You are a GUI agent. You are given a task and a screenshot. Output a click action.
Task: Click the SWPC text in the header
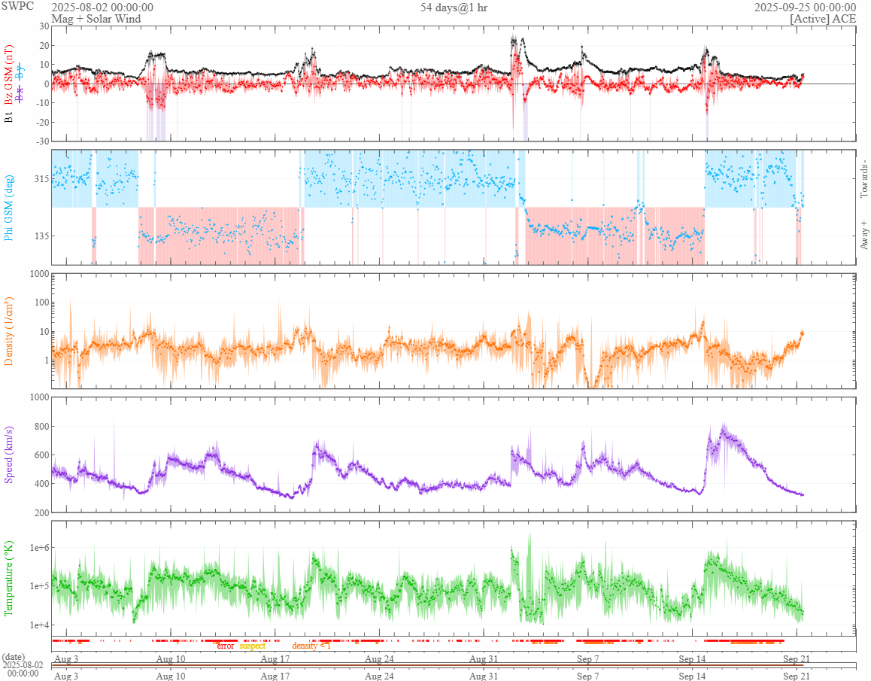coord(17,6)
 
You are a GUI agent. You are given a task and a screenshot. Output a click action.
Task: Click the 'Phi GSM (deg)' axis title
coord(10,208)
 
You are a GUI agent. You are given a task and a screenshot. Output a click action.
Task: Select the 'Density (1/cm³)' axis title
coord(10,331)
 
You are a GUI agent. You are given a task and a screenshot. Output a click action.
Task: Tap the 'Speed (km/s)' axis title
coord(10,455)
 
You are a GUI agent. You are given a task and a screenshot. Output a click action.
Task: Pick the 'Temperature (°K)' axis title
coord(10,577)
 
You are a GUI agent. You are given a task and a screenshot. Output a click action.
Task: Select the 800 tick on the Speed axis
coord(39,427)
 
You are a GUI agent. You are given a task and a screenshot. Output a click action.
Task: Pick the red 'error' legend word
coord(226,646)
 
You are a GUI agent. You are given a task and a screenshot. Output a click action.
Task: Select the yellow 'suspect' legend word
coord(252,646)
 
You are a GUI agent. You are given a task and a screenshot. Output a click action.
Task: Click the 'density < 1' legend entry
coord(311,646)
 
